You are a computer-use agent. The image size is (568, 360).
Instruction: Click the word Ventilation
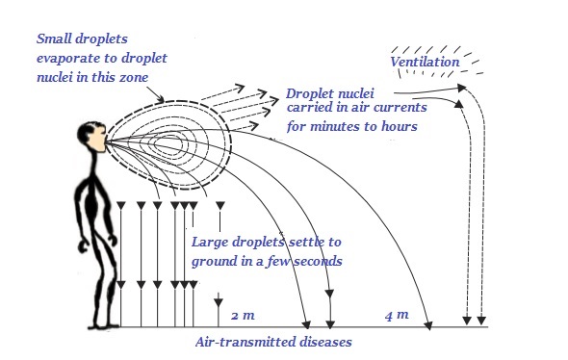pos(425,64)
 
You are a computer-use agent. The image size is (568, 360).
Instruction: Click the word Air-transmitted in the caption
pos(242,342)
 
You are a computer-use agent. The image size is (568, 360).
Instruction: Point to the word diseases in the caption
pos(323,342)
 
